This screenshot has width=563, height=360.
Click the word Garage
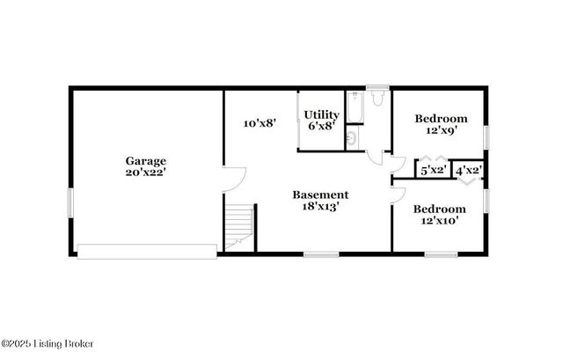click(145, 161)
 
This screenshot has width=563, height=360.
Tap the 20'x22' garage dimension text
click(145, 173)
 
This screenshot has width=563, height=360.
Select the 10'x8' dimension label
click(260, 123)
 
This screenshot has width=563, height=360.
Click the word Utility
click(322, 114)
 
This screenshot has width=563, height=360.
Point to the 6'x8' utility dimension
click(322, 127)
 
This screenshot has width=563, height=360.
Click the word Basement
click(320, 195)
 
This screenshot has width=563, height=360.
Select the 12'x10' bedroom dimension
click(440, 221)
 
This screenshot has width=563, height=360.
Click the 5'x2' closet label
click(433, 170)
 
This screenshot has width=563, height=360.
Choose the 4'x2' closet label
click(467, 170)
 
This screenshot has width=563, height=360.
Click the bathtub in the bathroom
click(353, 107)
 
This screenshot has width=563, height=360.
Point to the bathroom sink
click(351, 137)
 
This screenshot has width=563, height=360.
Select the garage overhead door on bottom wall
click(147, 251)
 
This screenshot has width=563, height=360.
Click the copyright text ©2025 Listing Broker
click(48, 343)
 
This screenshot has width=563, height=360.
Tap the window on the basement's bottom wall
click(321, 254)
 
